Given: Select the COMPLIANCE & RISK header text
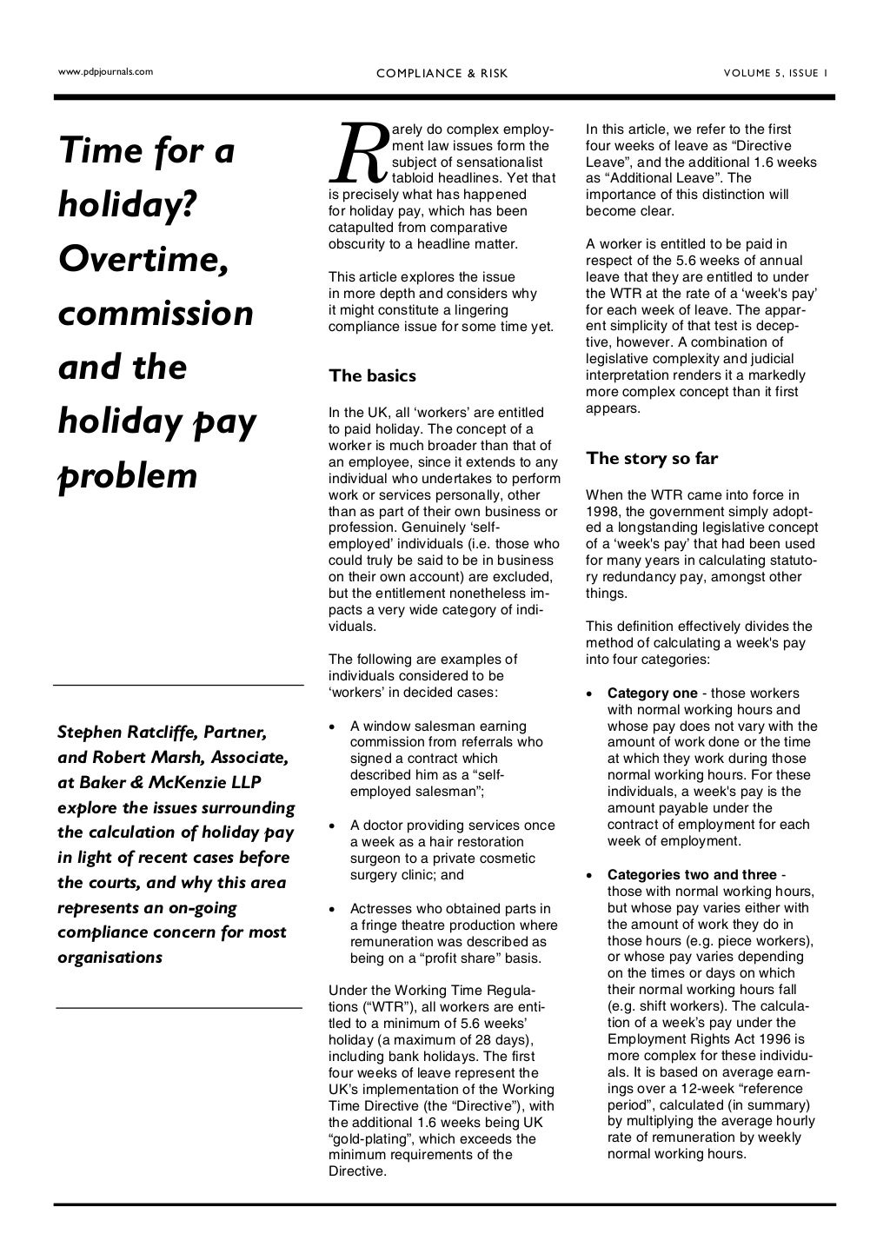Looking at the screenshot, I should [442, 74].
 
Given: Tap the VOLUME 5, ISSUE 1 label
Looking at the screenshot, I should [775, 74].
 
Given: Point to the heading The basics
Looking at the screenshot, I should [372, 375].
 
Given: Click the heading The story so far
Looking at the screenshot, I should [652, 458].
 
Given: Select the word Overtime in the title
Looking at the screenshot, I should [143, 259].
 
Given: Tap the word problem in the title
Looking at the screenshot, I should [128, 476].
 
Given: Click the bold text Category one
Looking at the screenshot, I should [652, 693].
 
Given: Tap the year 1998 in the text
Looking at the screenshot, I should [604, 512].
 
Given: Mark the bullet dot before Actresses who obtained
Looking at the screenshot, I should [333, 909].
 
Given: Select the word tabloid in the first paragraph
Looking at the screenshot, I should [416, 178].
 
